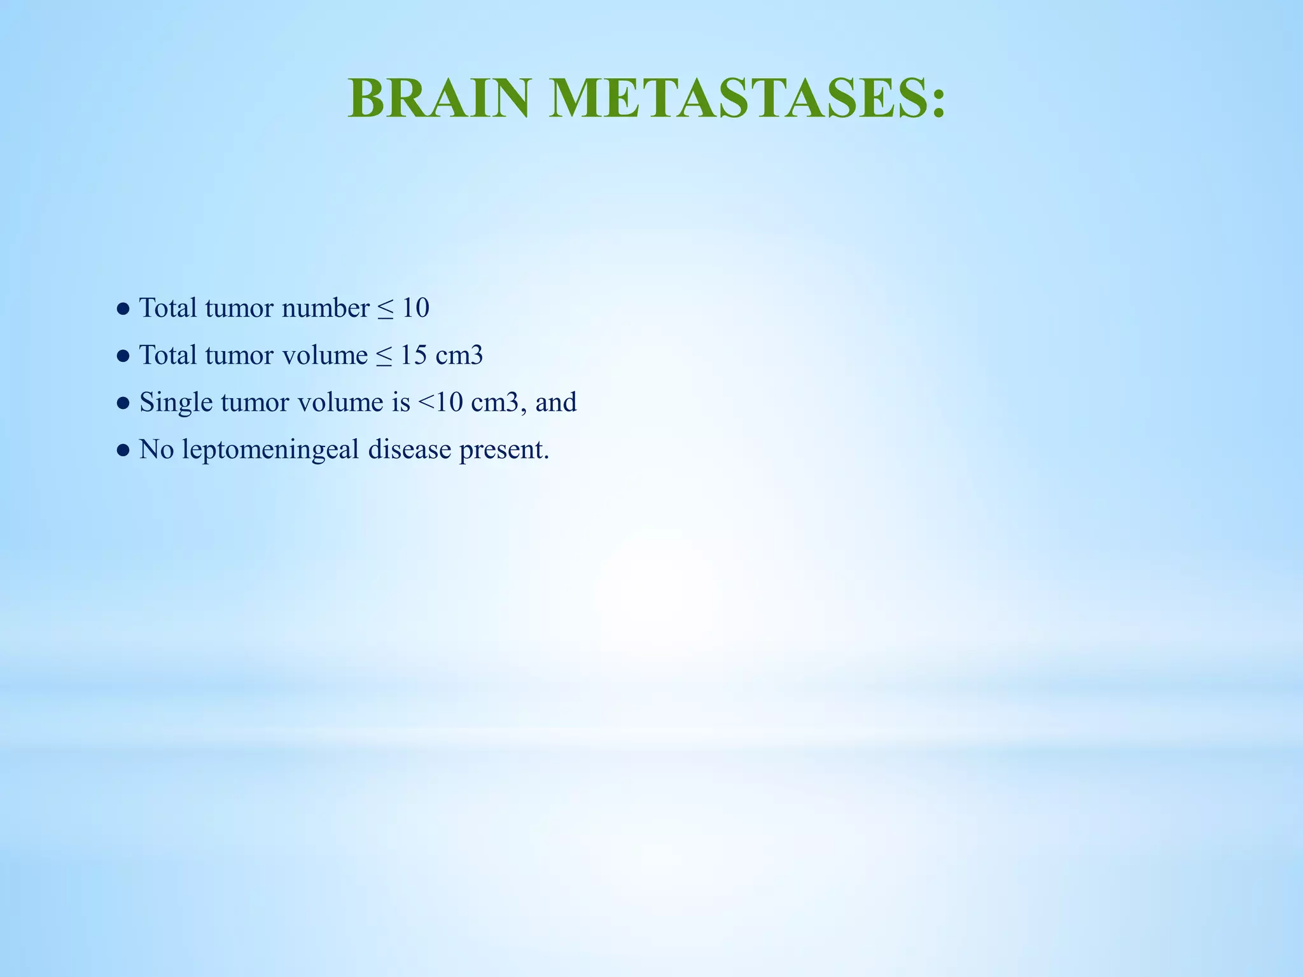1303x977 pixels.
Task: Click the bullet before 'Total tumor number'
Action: pos(123,310)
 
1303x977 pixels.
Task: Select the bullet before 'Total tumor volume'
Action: pos(123,357)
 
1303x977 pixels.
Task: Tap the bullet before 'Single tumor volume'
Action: pos(123,404)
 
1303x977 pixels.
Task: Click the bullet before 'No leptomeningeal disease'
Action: pos(123,451)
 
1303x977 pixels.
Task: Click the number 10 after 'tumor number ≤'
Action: pos(415,308)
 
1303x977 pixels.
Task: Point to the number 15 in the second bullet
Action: pos(414,356)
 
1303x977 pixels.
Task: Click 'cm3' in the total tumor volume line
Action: pos(459,356)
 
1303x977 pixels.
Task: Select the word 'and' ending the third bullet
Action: pos(556,403)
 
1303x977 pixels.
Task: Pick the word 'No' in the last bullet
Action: pos(157,450)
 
